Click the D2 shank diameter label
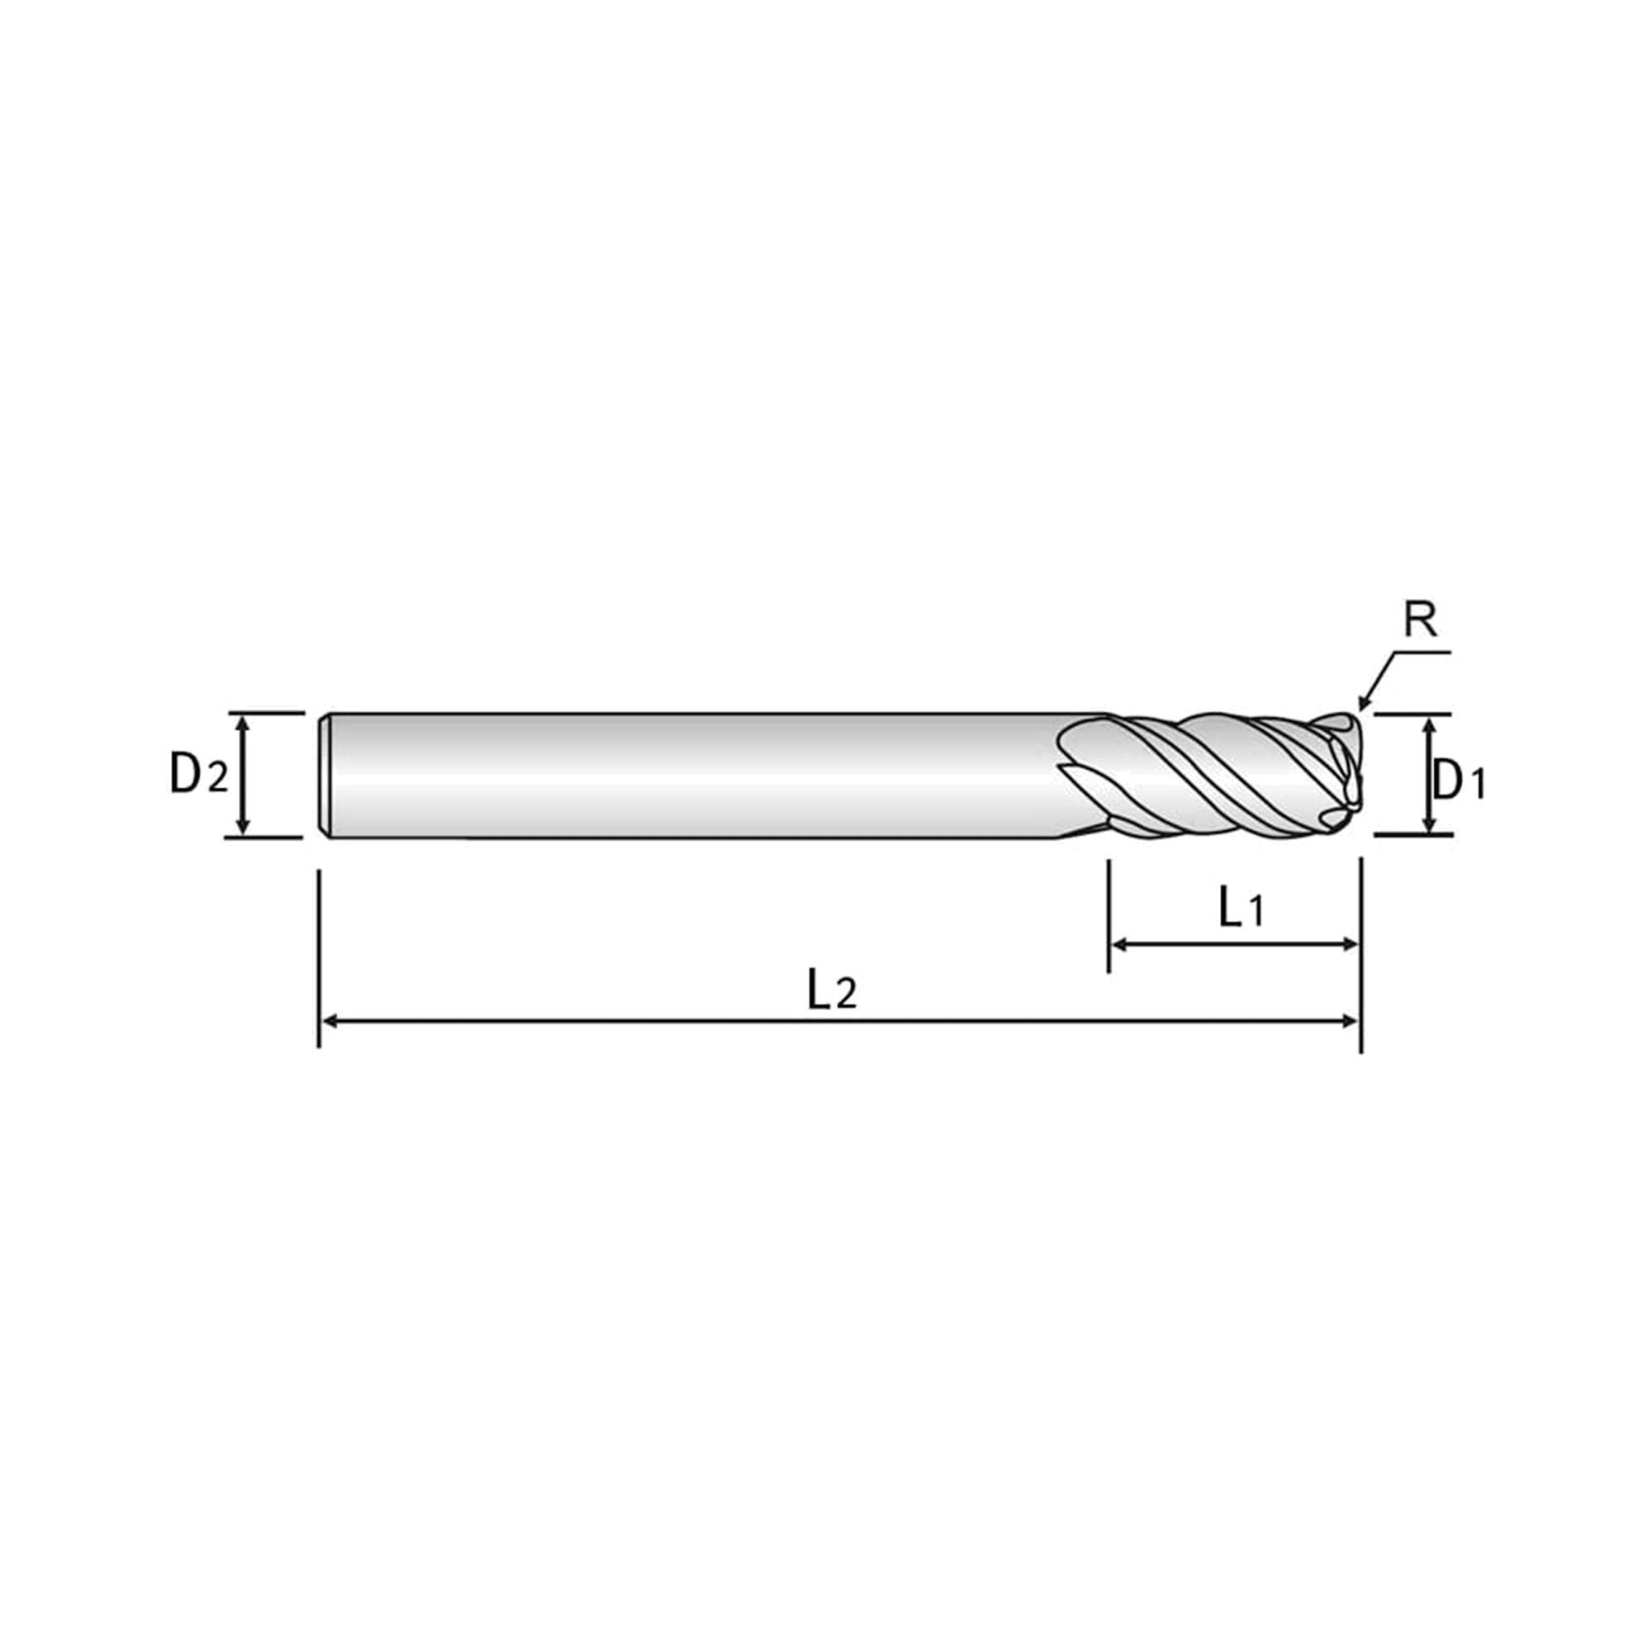click(x=199, y=775)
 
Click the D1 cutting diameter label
click(x=1459, y=780)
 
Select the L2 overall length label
click(x=832, y=990)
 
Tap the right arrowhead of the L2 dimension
click(x=1351, y=1021)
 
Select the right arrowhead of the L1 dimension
click(x=1351, y=944)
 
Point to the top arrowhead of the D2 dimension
click(x=244, y=724)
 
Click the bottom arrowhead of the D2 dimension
click(x=244, y=825)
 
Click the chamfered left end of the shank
click(x=325, y=776)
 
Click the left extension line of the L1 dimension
click(x=1108, y=916)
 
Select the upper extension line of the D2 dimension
click(x=267, y=711)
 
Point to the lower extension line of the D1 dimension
click(x=1413, y=833)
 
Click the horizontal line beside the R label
click(x=1422, y=653)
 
